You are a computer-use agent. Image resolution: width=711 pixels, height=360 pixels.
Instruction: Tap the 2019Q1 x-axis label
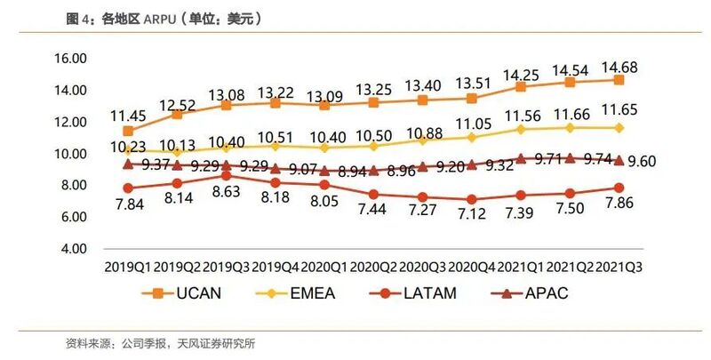(x=129, y=266)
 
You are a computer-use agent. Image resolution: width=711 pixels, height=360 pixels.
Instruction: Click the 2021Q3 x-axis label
(x=619, y=266)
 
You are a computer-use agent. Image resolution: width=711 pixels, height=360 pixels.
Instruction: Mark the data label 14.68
(x=620, y=67)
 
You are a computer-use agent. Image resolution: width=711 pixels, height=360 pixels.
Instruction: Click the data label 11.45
(x=129, y=116)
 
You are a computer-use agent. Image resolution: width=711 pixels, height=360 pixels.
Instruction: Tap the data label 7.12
(x=471, y=216)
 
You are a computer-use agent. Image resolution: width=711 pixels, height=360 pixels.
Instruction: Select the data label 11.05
(x=471, y=123)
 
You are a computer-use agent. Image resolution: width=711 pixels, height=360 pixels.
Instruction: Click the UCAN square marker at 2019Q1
(x=129, y=131)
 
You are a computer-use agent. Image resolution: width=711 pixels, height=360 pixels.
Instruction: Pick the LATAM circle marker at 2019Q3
(x=227, y=176)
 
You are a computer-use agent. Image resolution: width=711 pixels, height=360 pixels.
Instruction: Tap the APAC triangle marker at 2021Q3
(x=619, y=160)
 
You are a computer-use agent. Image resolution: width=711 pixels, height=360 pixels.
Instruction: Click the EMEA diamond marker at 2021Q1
(x=521, y=129)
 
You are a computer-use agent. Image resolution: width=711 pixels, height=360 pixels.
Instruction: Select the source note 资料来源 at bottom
(x=165, y=344)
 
